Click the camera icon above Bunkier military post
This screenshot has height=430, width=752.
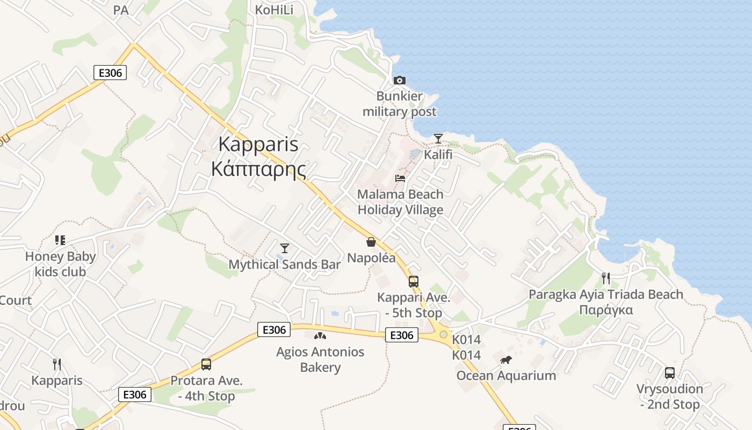coord(399,81)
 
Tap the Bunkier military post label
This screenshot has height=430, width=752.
coord(399,104)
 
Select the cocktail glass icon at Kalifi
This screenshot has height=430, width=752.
coord(438,139)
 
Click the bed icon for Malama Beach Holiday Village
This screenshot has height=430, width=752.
coord(400,178)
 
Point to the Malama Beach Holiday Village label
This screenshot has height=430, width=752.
coord(401,202)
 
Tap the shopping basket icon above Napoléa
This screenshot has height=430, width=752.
coord(371,242)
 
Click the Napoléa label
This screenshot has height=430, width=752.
coord(371,258)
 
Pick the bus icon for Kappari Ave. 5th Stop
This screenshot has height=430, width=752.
coord(413,282)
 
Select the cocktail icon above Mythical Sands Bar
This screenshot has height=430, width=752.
coord(285,248)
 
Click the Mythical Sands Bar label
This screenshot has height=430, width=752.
coord(285,264)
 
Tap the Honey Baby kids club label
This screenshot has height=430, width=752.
coord(60,264)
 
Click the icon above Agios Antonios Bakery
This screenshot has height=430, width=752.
coord(320,336)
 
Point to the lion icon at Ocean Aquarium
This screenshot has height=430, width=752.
coord(505,360)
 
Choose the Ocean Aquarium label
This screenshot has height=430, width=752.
coord(506,375)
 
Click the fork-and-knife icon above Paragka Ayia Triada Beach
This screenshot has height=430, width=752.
coord(606,278)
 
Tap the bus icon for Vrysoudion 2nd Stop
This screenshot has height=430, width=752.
coord(669,372)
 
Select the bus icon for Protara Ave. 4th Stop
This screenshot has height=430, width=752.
coord(206,364)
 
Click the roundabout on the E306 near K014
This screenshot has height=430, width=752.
coord(443,334)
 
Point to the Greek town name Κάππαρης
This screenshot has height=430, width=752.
coord(258,169)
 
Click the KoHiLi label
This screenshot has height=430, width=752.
coord(274,10)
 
